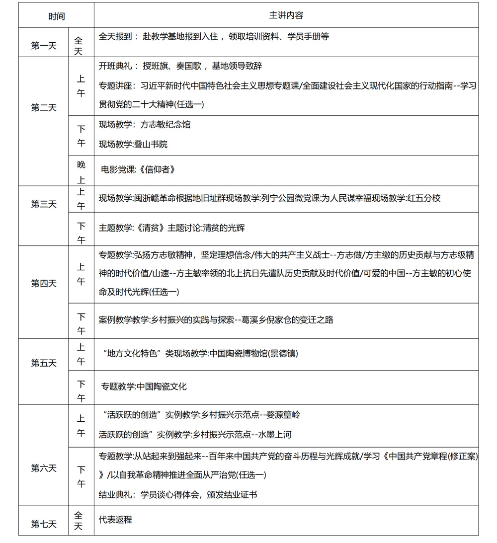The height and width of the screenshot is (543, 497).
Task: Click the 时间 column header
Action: point(56,16)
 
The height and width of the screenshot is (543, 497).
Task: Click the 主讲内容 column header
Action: point(286,15)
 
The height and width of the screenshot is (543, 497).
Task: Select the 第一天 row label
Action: point(44,46)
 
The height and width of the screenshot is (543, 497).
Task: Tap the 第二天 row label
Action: point(44,108)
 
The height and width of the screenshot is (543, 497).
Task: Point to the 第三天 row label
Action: point(44,204)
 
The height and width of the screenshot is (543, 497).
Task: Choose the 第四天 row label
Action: point(44,284)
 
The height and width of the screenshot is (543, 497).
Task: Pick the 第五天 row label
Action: point(44,363)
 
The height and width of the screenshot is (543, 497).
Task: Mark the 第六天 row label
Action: point(44,468)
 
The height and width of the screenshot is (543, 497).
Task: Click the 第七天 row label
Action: point(44,524)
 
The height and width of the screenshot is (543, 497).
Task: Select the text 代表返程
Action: point(115,520)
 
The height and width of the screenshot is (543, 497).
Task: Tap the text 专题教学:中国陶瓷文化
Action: point(144,387)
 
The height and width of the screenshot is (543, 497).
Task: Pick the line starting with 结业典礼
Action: point(178,495)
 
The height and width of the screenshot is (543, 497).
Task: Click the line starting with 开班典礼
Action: point(180,66)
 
